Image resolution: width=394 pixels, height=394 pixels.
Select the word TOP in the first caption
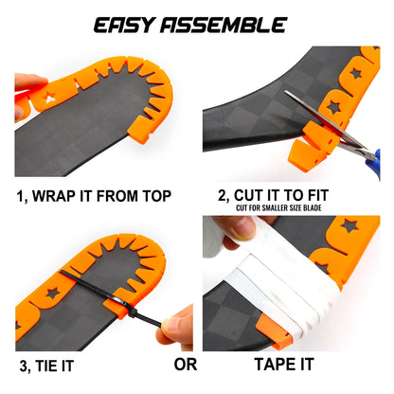(155, 196)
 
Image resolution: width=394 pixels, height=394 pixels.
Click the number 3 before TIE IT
(19, 364)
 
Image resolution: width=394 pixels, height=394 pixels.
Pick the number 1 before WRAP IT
(20, 196)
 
